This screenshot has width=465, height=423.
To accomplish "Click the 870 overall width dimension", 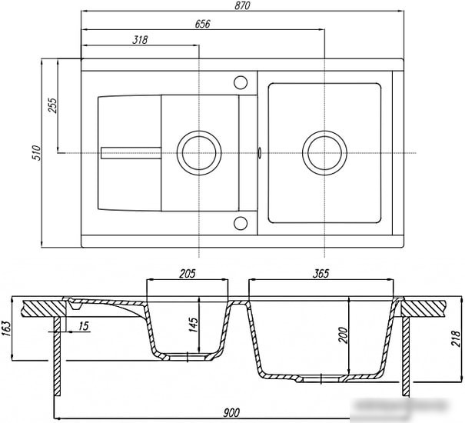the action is pos(242,5).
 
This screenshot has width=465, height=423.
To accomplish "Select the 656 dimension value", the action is pos(202,24).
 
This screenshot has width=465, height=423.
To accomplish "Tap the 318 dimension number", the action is pos(140,40).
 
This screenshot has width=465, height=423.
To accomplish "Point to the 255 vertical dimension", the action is pos(52,105).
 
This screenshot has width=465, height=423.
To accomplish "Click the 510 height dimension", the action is pos(36,153).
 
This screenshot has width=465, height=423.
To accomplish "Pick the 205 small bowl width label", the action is pos(188,274).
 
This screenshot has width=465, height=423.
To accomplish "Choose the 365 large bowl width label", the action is pos(321,274).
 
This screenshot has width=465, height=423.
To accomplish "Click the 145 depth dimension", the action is pos(193,325).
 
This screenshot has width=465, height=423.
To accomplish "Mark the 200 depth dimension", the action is pos(343,335).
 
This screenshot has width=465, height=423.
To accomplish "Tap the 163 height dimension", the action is pos(6,328).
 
